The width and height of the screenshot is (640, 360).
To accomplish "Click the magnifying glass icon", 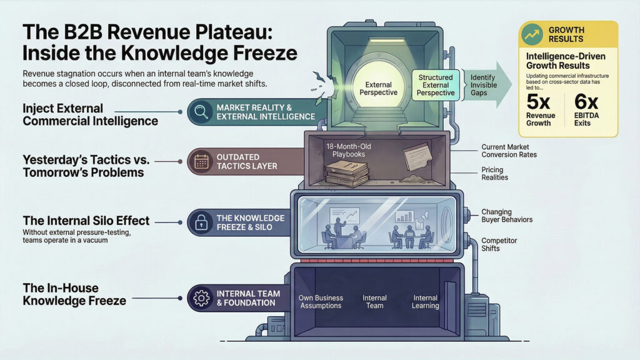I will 201,112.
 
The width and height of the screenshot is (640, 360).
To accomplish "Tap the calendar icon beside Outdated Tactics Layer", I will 201,161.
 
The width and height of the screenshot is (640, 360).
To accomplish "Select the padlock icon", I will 201,222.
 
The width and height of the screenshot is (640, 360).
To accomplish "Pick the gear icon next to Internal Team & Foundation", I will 201,298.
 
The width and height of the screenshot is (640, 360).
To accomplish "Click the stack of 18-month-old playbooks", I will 347,172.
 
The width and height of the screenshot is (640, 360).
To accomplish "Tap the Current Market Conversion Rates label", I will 509,151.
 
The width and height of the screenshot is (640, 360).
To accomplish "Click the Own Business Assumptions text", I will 320,302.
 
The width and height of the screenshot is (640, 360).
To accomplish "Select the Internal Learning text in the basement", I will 425,302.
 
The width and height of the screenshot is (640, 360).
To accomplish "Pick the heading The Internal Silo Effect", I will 86,220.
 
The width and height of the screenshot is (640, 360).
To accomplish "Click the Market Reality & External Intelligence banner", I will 265,112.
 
